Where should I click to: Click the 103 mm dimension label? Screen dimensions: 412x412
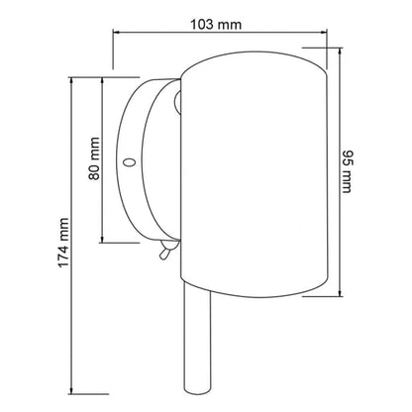tap(216, 25)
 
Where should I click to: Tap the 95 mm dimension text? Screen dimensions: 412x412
tap(347, 171)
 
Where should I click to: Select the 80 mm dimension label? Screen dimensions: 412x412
tap(94, 158)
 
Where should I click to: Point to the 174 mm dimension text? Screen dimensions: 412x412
tap(63, 243)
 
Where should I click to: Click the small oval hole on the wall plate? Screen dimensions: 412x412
tap(129, 162)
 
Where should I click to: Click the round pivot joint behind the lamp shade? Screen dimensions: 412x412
tap(177, 102)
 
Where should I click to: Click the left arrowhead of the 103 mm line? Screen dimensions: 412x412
tap(116, 32)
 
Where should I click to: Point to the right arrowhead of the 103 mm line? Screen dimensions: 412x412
tap(324, 32)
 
